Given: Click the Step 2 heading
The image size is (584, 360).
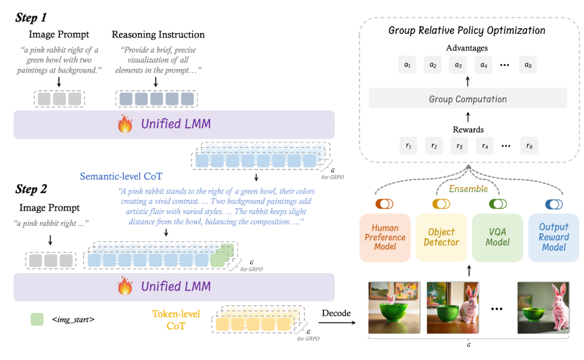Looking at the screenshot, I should coord(31,189).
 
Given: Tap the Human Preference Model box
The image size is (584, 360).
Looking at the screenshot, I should coord(385,237).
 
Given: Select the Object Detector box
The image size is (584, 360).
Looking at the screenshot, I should coord(441,237).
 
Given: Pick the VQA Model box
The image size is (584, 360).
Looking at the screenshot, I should coord(497,237).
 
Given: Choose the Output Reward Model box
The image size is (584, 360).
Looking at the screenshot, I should coord(554,237).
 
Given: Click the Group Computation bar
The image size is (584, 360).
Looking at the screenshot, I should coord(468,99).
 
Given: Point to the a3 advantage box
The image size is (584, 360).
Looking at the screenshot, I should coord(458,65).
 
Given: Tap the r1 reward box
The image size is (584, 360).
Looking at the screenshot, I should coord(408,145).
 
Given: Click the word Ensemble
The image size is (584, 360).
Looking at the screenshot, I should coord(468,189).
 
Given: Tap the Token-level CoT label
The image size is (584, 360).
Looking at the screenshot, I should coord(176,320).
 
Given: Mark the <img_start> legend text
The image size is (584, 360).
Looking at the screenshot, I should coord(73,319).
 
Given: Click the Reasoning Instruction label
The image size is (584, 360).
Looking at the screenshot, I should coord(158,35).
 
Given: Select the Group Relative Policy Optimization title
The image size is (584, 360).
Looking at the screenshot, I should coord(467,30).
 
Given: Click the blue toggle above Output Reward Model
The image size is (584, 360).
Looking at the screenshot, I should coord(554,204).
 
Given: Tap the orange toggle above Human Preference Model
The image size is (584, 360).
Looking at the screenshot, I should coord(385,204).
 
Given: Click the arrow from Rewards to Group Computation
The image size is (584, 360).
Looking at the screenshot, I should coord(468,117).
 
